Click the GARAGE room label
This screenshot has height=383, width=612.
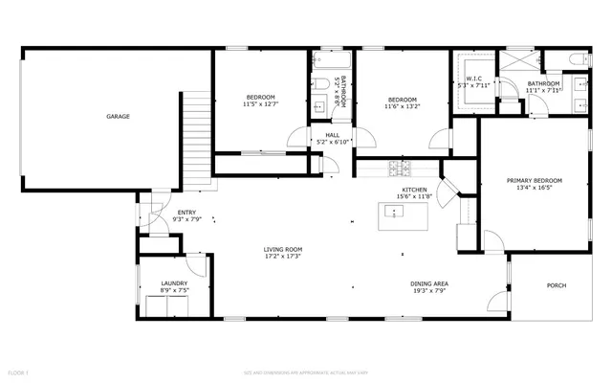coord(119,117)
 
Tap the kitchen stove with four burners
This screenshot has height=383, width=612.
coord(399,170)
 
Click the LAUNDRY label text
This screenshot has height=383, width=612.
coord(174,283)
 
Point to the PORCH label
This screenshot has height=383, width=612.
coord(556,285)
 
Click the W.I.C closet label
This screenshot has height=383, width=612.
coord(474,78)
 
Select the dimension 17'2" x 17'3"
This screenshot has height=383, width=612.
coord(283,257)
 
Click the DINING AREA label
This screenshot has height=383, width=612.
coord(429,284)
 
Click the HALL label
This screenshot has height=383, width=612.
coord(332,135)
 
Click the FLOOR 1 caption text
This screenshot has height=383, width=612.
coord(19,371)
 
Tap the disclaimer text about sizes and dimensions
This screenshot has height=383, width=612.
coord(306,371)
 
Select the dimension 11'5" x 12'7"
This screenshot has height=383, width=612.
coord(260,104)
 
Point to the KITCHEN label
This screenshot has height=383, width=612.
coord(414,191)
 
